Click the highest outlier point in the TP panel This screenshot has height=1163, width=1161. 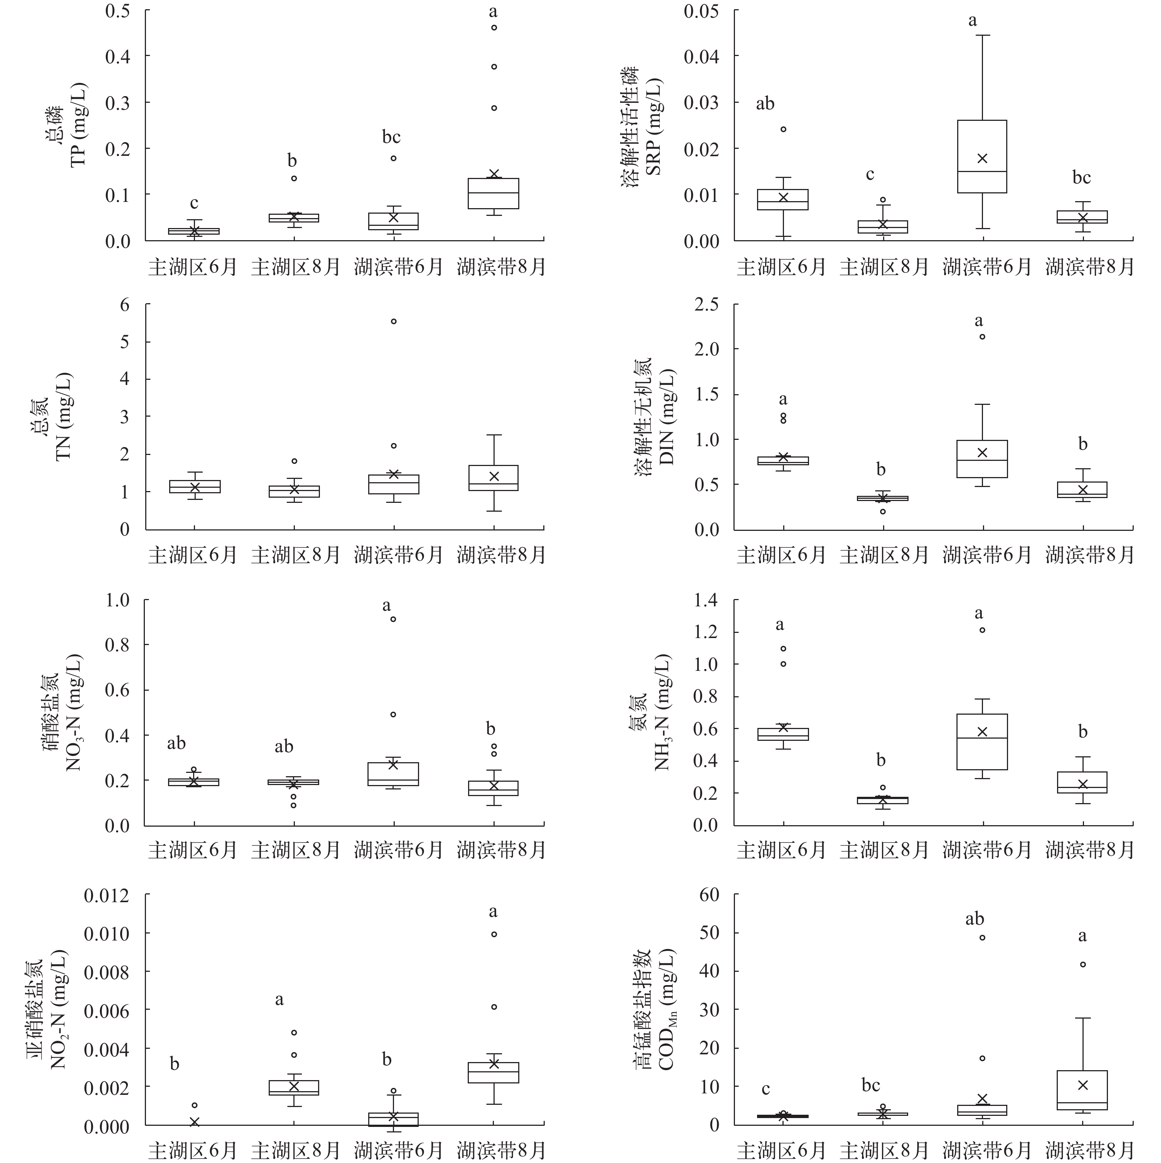click(494, 27)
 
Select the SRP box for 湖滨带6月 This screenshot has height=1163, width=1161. click(982, 157)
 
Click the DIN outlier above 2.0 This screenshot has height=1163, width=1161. click(982, 336)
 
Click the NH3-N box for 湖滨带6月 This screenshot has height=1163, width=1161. click(982, 742)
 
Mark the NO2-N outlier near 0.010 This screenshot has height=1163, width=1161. click(494, 934)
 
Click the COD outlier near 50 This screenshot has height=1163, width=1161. click(982, 937)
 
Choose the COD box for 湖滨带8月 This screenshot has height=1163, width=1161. click(1083, 1090)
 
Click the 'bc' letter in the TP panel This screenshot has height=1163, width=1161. click(391, 137)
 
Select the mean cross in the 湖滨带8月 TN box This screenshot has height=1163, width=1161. click(494, 476)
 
